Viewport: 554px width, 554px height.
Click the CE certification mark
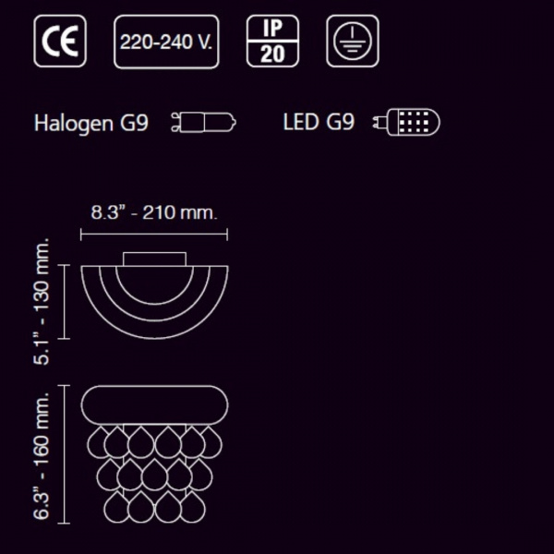[x=60, y=41]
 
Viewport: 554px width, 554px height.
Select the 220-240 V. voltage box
[x=166, y=42]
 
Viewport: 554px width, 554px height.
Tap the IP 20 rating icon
[x=272, y=41]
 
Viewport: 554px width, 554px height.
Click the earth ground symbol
[x=353, y=41]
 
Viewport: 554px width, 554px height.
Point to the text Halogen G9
[x=91, y=124]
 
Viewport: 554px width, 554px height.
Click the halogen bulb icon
[x=203, y=122]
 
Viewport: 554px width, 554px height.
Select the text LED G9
[x=319, y=122]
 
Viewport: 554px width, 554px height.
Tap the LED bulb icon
[x=406, y=122]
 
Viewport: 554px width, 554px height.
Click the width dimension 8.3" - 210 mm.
[x=153, y=212]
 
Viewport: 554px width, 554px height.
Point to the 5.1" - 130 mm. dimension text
[x=42, y=301]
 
